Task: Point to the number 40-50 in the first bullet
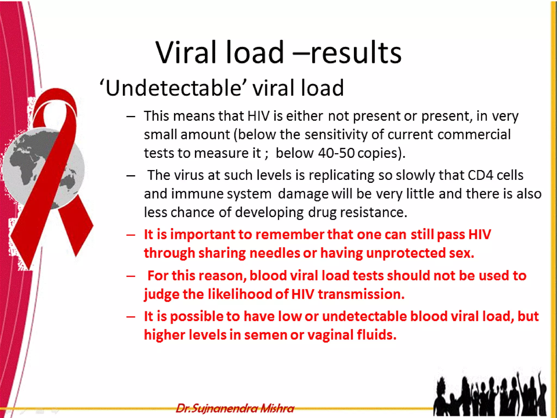tap(336, 153)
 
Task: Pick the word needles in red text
tap(275, 253)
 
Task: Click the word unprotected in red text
tap(406, 253)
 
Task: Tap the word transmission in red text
tap(361, 294)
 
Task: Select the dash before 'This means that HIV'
tap(131, 116)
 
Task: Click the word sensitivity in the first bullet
tap(336, 135)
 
